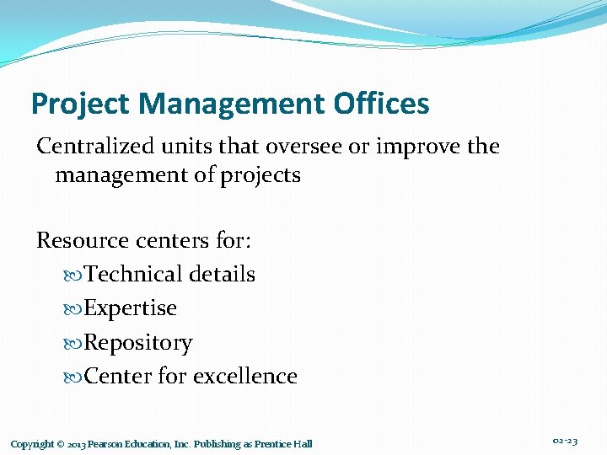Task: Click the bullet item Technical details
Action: tap(169, 275)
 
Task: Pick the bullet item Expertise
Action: tap(131, 308)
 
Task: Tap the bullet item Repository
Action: tap(138, 343)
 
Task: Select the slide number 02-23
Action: tap(565, 442)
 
